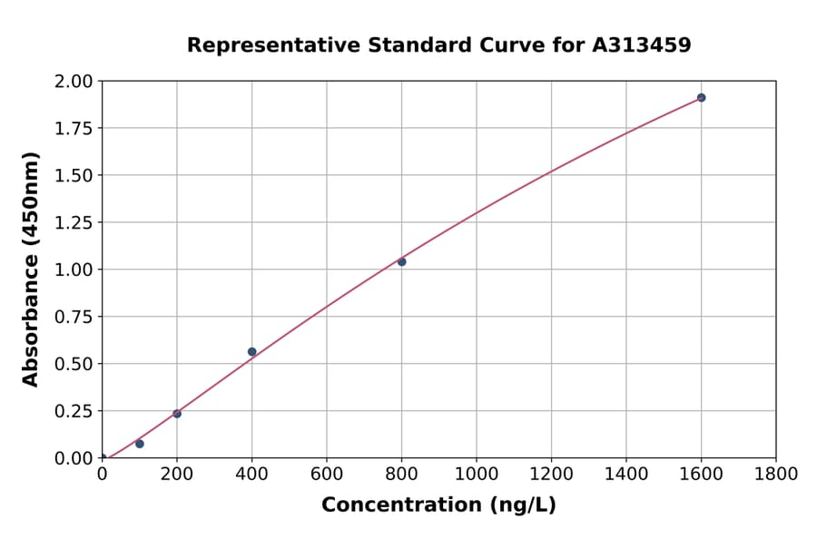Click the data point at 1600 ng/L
[x=701, y=97]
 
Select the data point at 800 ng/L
[x=401, y=261]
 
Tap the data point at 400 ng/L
[x=251, y=351]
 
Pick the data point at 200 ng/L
[x=177, y=414]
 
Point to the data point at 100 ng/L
[x=140, y=444]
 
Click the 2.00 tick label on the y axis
[x=74, y=82]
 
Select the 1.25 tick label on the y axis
[x=74, y=222]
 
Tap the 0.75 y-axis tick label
[x=74, y=317]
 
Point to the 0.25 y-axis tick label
[x=74, y=411]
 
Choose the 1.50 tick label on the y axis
[x=74, y=175]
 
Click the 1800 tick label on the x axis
[x=775, y=475]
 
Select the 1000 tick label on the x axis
[x=476, y=475]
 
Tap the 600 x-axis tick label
[x=327, y=475]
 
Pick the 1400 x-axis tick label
[x=625, y=475]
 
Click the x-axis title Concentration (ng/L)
[x=438, y=505]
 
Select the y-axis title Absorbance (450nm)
[x=31, y=269]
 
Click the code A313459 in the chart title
[x=642, y=44]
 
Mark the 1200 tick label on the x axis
[x=551, y=475]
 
